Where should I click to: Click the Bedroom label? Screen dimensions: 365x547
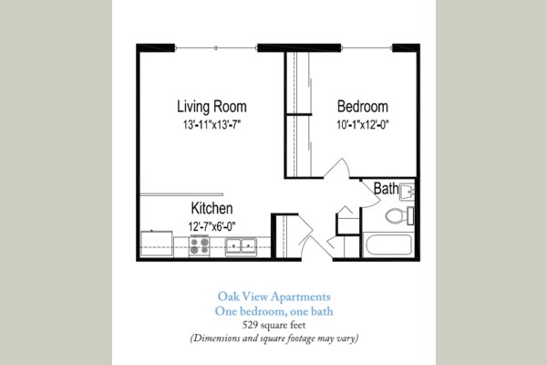tap(362, 105)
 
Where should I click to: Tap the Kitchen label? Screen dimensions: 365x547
tap(212, 209)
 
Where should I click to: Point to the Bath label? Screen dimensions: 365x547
tap(386, 189)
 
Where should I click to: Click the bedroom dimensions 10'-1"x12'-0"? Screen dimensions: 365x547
tap(362, 123)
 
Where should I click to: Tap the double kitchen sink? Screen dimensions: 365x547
tap(241, 245)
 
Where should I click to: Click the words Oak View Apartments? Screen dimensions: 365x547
tap(273, 296)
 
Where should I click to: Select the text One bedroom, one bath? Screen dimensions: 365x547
tap(273, 310)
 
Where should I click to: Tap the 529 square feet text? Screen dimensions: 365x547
tap(273, 324)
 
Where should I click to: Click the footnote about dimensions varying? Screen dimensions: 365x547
tap(273, 339)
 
